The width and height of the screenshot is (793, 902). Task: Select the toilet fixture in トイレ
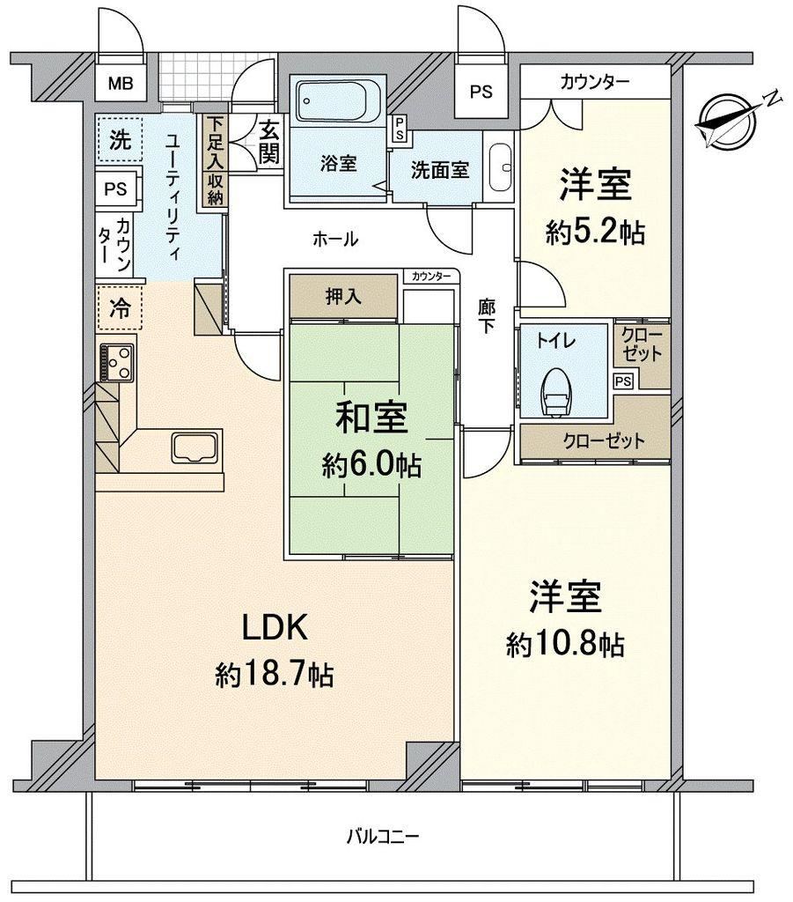coord(555,390)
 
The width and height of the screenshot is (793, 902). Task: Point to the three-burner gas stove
coord(117,362)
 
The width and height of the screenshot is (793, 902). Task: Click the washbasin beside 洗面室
coord(501,167)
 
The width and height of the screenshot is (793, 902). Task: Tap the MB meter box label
coord(121,84)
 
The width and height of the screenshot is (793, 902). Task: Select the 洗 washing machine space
coord(120,138)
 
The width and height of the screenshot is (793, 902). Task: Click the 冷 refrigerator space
coord(120,309)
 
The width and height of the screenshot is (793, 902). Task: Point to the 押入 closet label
coord(343,297)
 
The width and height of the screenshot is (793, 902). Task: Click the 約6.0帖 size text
coord(371,465)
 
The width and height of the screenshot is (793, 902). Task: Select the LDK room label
coord(275,627)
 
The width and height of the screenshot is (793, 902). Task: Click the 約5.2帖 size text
coord(595,233)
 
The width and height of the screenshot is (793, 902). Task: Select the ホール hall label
coord(335,239)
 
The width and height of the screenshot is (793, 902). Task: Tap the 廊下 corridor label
coord(487,316)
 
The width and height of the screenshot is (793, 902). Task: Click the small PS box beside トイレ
coord(623,381)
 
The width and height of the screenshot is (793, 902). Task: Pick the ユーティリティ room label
coord(173,197)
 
